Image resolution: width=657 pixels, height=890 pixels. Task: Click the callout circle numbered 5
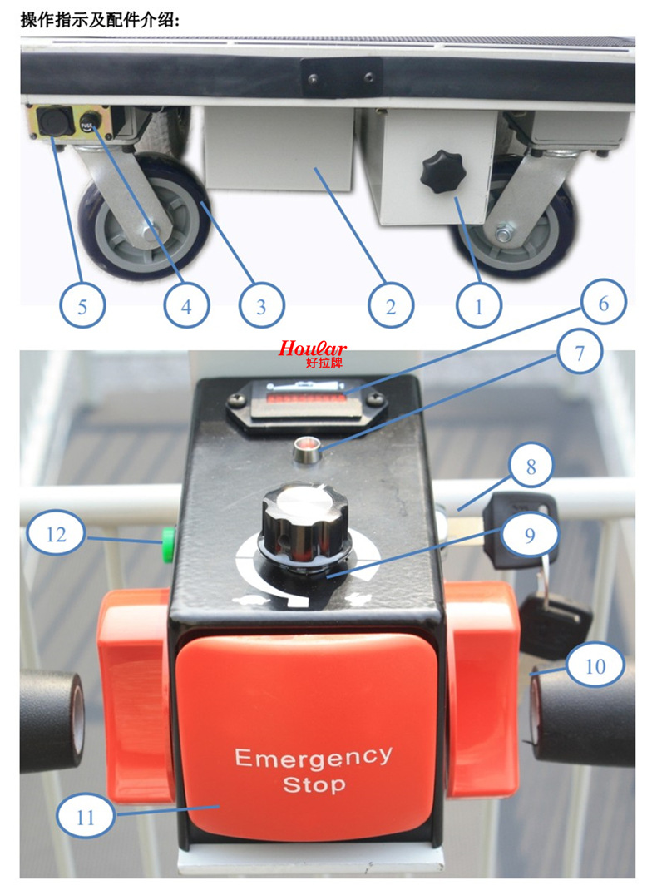click(82, 306)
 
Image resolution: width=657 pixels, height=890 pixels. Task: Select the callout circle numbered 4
click(186, 306)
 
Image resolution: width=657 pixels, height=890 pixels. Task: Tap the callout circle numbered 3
click(261, 306)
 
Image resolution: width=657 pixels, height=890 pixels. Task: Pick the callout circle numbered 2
click(390, 306)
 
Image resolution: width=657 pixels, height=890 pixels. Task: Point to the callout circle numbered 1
click(479, 306)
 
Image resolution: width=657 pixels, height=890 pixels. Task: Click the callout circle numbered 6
click(604, 303)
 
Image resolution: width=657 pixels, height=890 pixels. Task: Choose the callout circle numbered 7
click(580, 353)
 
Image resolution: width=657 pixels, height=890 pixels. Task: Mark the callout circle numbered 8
click(531, 466)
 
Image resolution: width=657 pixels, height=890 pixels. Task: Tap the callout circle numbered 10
click(595, 665)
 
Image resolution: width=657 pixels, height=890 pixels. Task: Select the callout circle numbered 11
click(86, 817)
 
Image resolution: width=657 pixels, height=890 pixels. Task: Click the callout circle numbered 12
click(56, 533)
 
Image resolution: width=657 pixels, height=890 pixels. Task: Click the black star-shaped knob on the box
click(442, 172)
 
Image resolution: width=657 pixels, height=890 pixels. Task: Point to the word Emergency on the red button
click(314, 757)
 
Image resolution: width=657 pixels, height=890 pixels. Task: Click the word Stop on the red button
click(314, 784)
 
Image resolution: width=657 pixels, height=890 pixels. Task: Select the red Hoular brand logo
click(313, 352)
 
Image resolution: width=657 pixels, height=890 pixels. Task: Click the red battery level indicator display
click(306, 399)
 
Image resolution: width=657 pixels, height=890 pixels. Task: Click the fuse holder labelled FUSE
click(89, 122)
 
